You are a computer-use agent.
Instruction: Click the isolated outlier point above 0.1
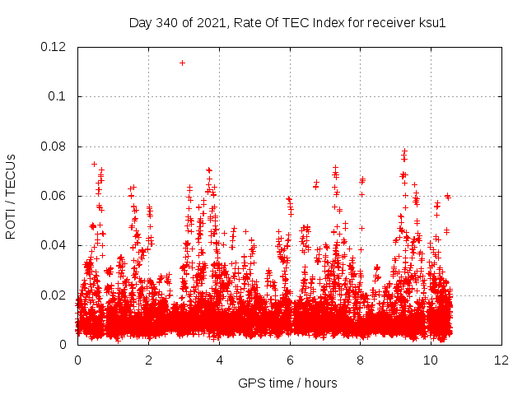point(182,63)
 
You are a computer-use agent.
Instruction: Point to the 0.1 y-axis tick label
point(57,96)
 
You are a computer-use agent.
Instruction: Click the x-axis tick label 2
point(148,360)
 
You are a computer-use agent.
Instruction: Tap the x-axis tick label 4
point(219,360)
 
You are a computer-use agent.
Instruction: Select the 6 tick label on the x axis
point(290,360)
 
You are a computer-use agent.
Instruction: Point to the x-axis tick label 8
point(361,360)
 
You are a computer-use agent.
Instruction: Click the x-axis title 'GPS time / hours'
point(287,383)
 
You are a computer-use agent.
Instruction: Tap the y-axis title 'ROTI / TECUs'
point(12,196)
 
